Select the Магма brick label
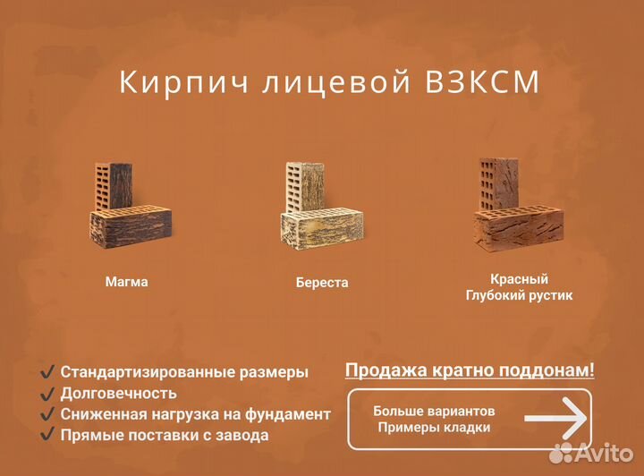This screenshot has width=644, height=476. pos(126,282)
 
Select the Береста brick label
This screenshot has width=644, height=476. pos(322,283)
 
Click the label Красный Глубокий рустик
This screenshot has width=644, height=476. pos(519,287)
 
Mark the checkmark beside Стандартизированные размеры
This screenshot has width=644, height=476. pos(47,371)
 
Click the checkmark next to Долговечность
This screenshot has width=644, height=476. pos(47,393)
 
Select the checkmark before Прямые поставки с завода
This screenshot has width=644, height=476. pos(47,436)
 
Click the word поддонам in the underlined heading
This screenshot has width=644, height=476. pos(544,370)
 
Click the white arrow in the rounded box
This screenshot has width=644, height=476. pos(555,419)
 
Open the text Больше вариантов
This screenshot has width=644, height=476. pos(434,411)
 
